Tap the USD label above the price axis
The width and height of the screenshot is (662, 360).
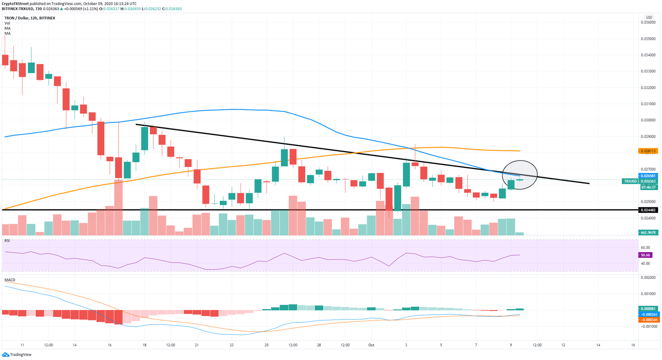coord(648,18)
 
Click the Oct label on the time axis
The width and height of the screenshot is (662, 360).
coord(371,345)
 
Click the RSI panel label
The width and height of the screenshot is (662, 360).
coord(7,241)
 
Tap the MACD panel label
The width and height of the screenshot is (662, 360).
coord(10,280)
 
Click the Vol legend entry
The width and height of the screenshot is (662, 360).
coord(7,23)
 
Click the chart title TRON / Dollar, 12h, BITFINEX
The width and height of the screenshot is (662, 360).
coord(30,18)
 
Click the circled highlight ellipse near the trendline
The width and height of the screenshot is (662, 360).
coord(520,175)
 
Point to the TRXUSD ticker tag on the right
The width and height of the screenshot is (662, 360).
coord(630,182)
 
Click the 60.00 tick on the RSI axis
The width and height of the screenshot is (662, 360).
coord(645,248)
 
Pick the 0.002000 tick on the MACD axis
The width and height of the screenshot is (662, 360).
coord(648,278)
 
